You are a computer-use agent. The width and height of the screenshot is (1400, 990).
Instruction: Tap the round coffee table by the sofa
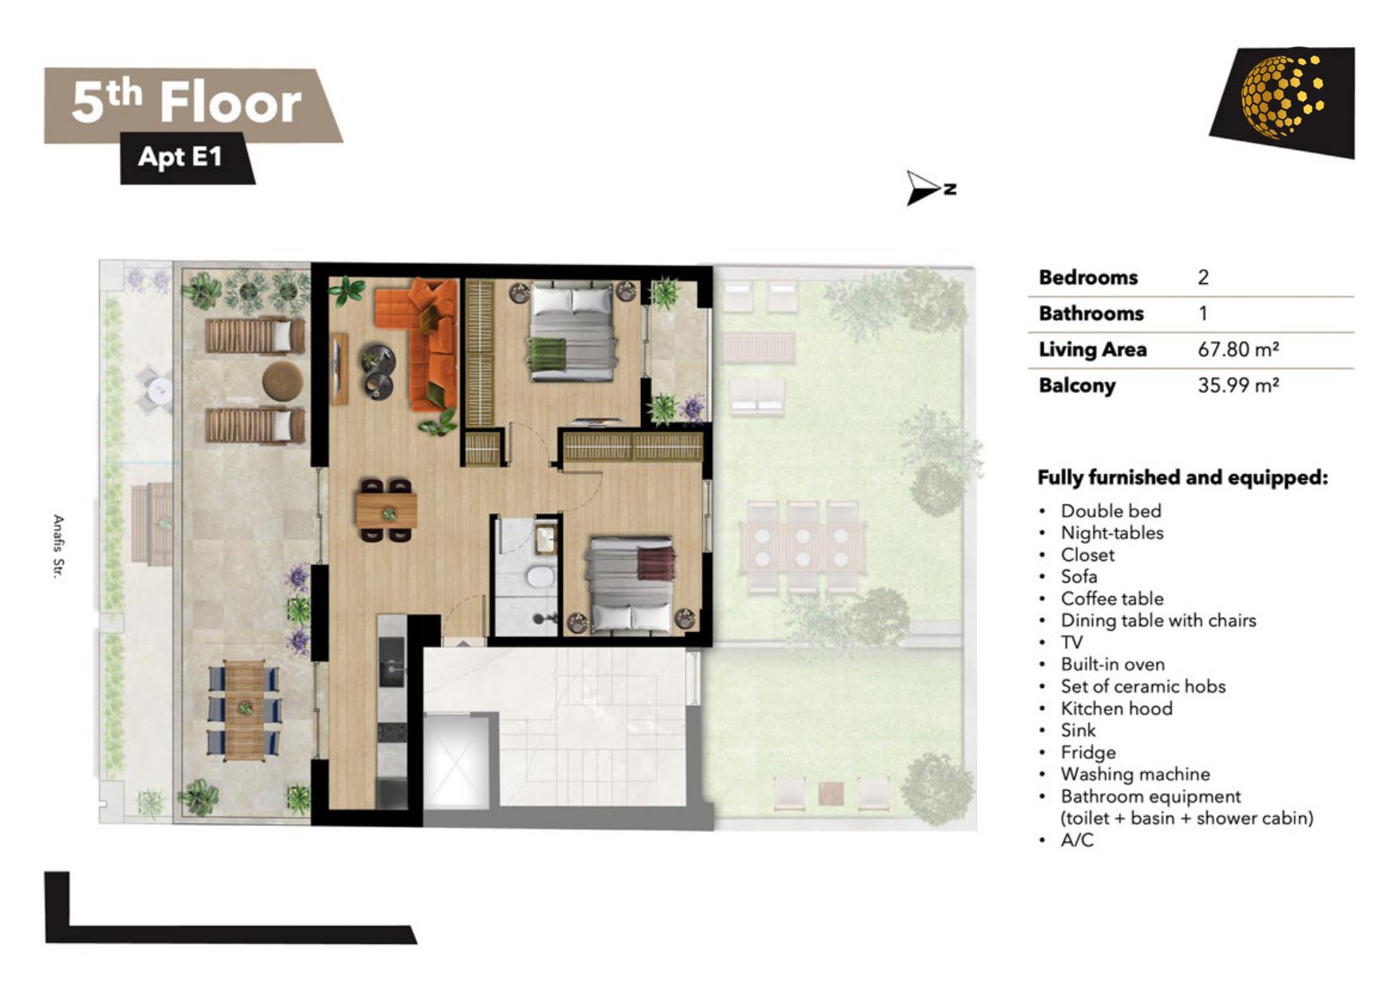pos(378,371)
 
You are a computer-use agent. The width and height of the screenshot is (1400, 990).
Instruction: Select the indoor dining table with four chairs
pos(387,510)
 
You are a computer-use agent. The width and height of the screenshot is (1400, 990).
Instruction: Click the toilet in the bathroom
pos(541,576)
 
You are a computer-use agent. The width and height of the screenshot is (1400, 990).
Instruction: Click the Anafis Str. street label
pos(58,546)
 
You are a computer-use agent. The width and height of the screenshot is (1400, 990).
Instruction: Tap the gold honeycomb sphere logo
pos(1282,96)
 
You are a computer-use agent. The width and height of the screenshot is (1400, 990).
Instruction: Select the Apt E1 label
pos(180,156)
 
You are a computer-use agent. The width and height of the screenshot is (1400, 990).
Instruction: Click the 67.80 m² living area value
pos(1238,349)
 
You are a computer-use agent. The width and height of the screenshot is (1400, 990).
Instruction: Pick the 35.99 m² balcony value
pos(1238,385)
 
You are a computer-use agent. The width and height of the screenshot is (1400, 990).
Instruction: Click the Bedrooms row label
pos(1088,277)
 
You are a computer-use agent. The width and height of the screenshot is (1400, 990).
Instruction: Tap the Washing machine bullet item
pos(1135,774)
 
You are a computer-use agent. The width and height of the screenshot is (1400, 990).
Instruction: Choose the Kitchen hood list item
pos(1116,708)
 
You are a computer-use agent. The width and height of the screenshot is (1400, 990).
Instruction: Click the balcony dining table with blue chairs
pos(244,709)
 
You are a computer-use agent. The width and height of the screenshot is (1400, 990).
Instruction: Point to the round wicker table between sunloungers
pos(282,381)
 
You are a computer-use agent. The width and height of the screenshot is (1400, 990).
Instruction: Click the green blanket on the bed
pos(547,355)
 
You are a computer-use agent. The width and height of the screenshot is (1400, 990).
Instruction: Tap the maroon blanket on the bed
pos(655,563)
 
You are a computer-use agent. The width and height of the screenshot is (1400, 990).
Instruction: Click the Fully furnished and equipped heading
pos(1182,477)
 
